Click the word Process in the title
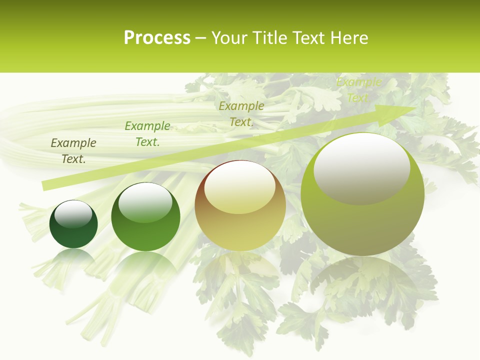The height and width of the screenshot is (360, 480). click(157, 38)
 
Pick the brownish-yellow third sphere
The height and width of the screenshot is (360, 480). click(240, 205)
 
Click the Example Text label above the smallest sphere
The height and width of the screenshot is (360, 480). click(73, 151)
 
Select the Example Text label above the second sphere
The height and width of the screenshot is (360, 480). click(147, 134)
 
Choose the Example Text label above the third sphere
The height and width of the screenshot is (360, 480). click(241, 114)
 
